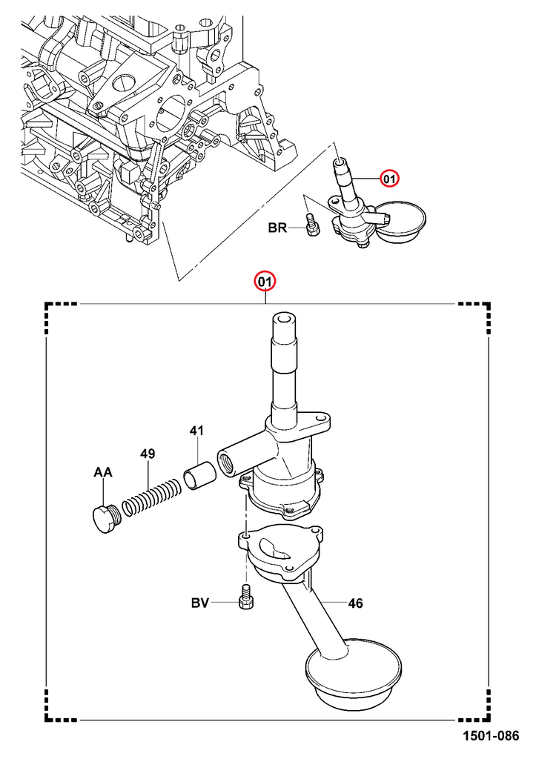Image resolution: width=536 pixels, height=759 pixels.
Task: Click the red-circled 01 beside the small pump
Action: [x=389, y=179]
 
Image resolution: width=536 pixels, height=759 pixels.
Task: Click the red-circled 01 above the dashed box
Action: [x=265, y=282]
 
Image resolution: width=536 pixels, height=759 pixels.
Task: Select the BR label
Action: [x=277, y=228]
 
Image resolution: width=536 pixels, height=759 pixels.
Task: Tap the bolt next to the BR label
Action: [x=311, y=225]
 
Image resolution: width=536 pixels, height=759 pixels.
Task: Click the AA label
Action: [x=104, y=472]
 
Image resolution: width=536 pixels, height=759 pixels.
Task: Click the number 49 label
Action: [x=148, y=454]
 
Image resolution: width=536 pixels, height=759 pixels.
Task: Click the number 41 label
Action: [x=196, y=430]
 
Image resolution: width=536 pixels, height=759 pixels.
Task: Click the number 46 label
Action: [x=355, y=604]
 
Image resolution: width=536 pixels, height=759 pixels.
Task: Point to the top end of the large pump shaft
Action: [x=285, y=320]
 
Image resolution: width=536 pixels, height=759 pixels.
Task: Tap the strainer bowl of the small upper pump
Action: [x=400, y=222]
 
